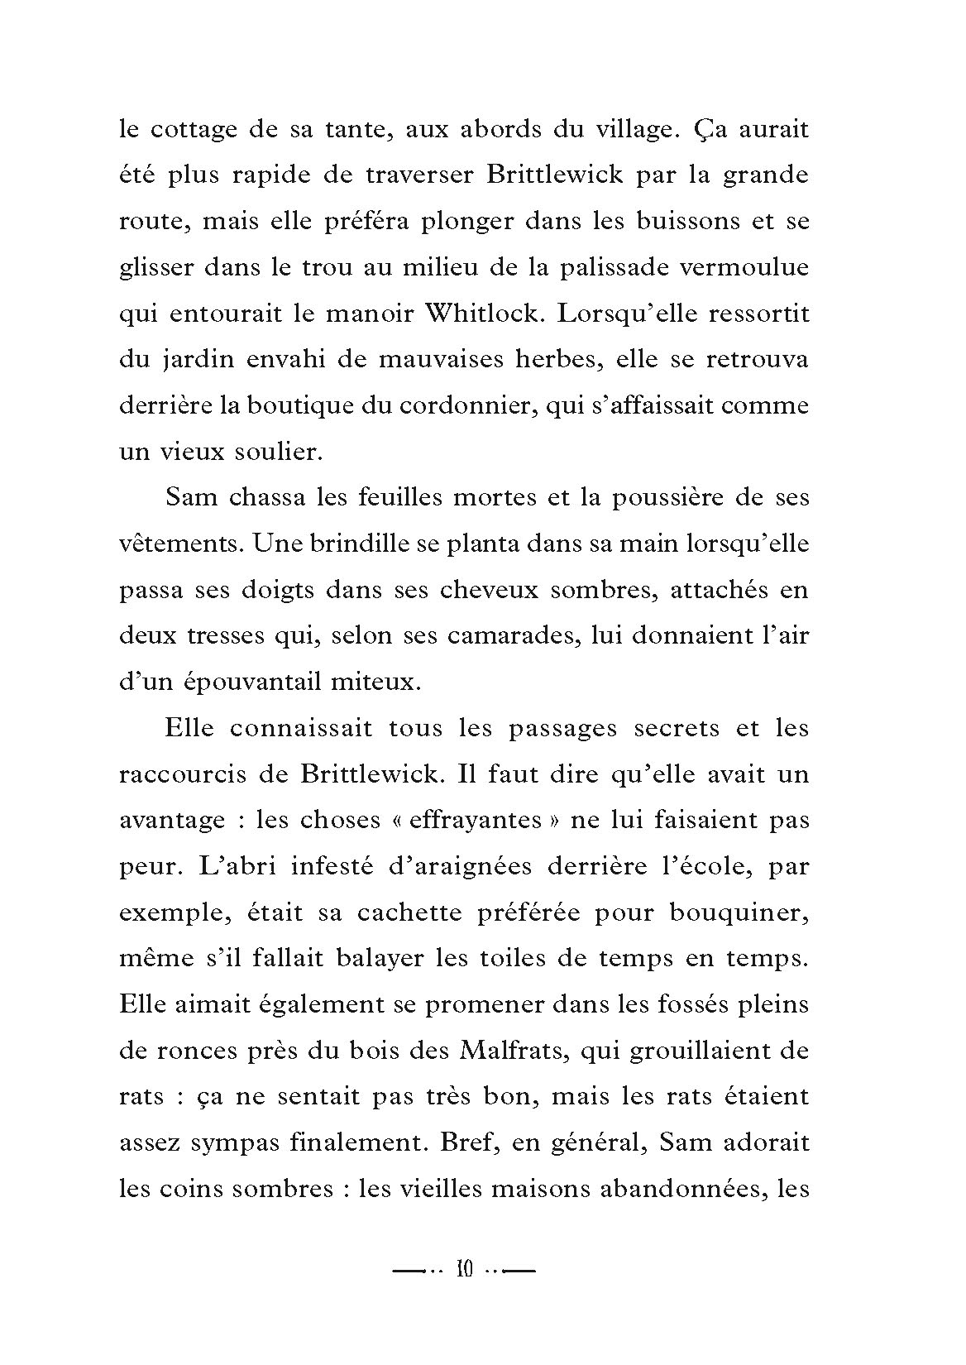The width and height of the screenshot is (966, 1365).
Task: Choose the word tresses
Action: pyautogui.click(x=218, y=636)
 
